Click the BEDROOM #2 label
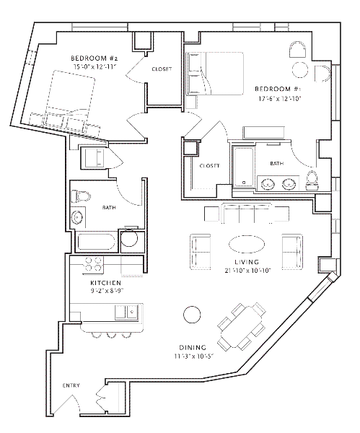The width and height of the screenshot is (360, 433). [95, 58]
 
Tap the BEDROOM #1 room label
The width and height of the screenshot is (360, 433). [278, 89]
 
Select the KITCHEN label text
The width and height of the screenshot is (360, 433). [106, 283]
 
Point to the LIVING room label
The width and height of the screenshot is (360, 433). [247, 262]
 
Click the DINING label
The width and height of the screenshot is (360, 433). [193, 347]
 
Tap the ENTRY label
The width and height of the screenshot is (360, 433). [71, 385]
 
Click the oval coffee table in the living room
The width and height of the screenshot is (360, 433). [247, 244]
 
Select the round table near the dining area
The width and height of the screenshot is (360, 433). [192, 314]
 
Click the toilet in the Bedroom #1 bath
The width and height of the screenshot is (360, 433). [312, 180]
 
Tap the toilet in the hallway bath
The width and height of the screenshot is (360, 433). [81, 196]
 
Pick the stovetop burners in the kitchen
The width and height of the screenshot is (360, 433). [93, 264]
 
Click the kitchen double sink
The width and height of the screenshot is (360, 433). [126, 312]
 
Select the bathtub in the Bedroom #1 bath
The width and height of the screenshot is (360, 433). [244, 167]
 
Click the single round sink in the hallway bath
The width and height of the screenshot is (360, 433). [77, 217]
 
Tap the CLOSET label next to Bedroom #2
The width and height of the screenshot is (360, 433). [162, 69]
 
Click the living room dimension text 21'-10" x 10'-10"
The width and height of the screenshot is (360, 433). [247, 271]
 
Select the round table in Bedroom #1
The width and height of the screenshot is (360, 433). [300, 70]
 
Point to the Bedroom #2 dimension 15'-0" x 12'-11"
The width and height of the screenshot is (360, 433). [95, 67]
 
